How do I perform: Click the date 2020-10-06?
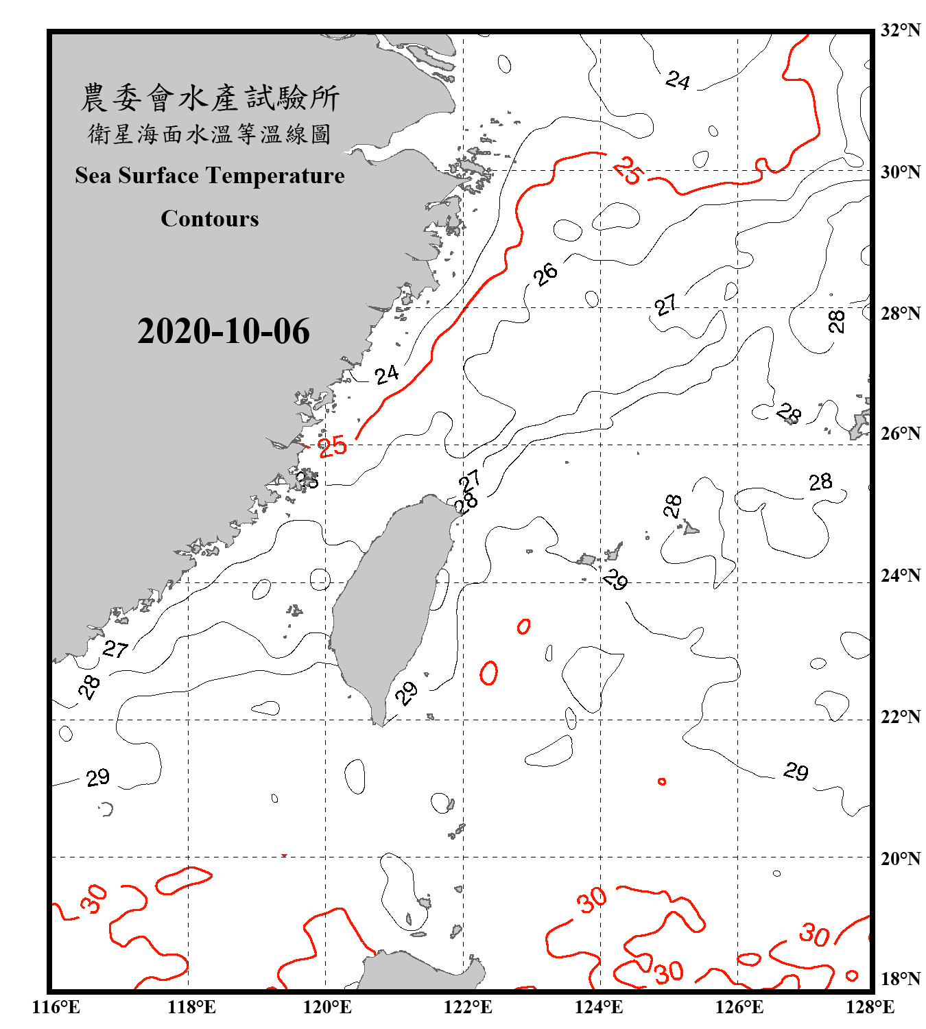pyautogui.click(x=223, y=331)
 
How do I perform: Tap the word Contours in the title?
pyautogui.click(x=209, y=218)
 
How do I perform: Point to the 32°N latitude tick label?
pyautogui.click(x=900, y=30)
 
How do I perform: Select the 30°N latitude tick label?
pyautogui.click(x=900, y=171)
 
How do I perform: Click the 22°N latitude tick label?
pyautogui.click(x=900, y=717)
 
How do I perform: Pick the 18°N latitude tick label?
pyautogui.click(x=900, y=978)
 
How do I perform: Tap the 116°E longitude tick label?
pyautogui.click(x=56, y=1007)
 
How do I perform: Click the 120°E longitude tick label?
pyautogui.click(x=327, y=1007)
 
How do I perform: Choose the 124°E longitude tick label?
pyautogui.click(x=599, y=1007)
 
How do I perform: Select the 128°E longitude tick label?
pyautogui.click(x=870, y=1007)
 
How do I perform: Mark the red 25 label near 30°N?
pyautogui.click(x=627, y=171)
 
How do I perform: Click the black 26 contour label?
pyautogui.click(x=546, y=274)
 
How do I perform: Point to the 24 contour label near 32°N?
pyautogui.click(x=678, y=80)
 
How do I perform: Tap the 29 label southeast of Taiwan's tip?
pyautogui.click(x=406, y=693)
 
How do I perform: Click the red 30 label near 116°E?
pyautogui.click(x=94, y=899)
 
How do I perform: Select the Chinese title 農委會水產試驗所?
pyautogui.click(x=209, y=98)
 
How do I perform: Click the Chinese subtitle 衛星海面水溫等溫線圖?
pyautogui.click(x=209, y=134)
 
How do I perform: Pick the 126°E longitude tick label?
pyautogui.click(x=739, y=1007)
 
